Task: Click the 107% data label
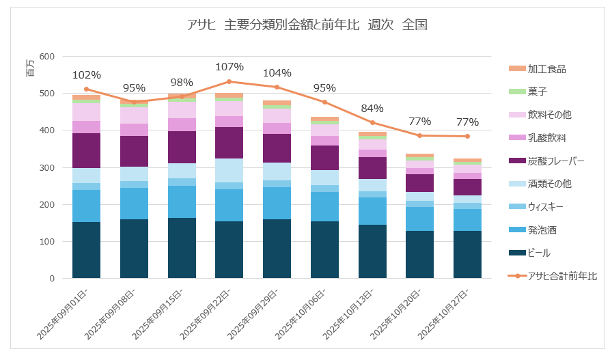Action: [229, 67]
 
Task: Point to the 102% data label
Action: [87, 75]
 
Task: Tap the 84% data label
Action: [372, 108]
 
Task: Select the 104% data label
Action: [277, 73]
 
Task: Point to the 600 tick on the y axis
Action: [46, 57]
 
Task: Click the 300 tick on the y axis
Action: [46, 167]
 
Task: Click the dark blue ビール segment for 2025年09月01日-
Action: [87, 250]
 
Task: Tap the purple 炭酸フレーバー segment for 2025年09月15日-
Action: [182, 147]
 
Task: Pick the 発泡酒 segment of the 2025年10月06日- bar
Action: [325, 206]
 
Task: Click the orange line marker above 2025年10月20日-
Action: [420, 135]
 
